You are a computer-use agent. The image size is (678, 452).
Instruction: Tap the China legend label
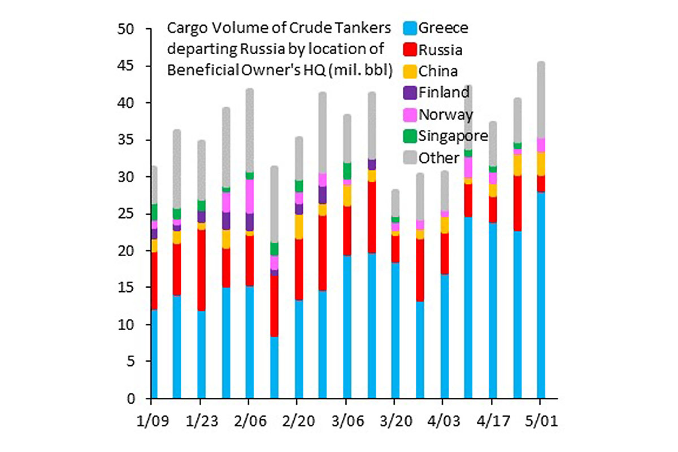(x=438, y=71)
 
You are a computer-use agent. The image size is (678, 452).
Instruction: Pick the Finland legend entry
(x=444, y=93)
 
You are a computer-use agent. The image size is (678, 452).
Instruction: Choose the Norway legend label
(x=445, y=115)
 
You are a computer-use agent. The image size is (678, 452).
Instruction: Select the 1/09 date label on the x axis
(x=151, y=422)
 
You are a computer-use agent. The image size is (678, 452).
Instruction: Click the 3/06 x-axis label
(x=345, y=422)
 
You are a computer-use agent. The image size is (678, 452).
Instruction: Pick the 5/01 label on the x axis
(x=540, y=422)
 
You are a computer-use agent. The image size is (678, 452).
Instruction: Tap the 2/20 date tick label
(x=297, y=422)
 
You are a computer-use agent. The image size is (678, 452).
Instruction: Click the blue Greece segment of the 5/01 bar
(x=541, y=293)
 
